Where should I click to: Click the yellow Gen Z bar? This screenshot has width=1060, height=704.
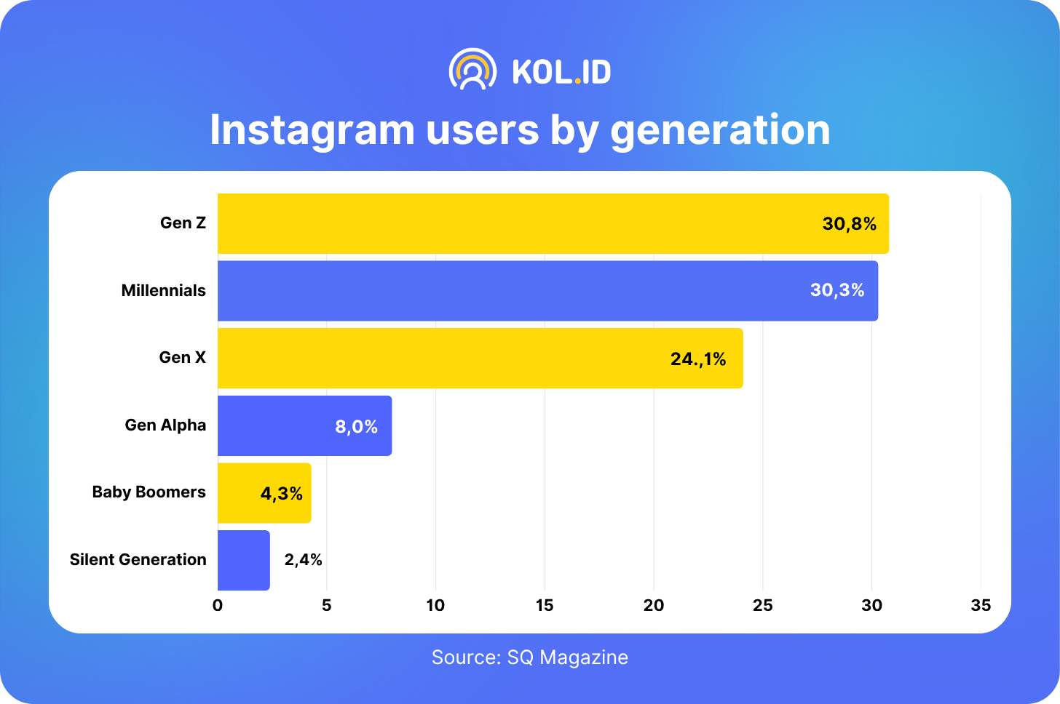point(510,223)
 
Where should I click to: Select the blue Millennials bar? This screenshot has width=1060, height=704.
point(510,291)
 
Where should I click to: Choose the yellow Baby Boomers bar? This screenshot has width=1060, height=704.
point(240,493)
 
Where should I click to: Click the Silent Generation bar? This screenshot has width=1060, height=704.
point(244,560)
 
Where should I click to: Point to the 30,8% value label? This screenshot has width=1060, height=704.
point(849,224)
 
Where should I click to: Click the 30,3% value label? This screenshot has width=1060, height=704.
point(837,291)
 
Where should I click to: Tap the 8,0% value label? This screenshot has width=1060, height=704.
point(356,427)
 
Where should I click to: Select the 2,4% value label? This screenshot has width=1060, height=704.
point(303,560)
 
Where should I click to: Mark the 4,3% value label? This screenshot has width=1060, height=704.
point(281,494)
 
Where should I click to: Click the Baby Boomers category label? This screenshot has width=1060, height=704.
point(149,492)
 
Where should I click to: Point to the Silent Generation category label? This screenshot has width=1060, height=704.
point(138,560)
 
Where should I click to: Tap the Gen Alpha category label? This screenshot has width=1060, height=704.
point(165,425)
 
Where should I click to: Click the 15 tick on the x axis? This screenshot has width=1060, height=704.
point(545,605)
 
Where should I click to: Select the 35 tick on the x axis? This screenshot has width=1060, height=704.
point(981,605)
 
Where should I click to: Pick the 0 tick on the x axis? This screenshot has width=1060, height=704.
point(218,605)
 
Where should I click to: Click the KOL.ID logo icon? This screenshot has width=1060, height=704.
point(472,70)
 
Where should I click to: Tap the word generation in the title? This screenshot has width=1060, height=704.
point(720,131)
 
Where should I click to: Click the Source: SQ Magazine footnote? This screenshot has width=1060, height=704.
point(529,657)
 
